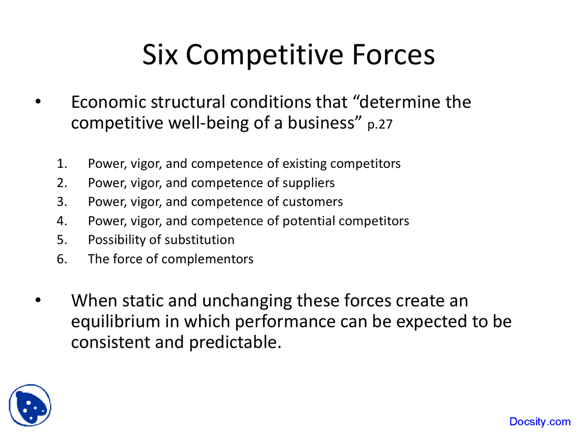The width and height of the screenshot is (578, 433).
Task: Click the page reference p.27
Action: click(380, 124)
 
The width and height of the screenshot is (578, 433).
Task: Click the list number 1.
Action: click(62, 164)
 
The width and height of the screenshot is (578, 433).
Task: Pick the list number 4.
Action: click(62, 221)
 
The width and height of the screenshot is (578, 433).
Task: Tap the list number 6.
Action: click(62, 259)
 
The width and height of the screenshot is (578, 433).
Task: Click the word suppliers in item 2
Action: click(308, 183)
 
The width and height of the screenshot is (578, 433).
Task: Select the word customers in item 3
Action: click(312, 202)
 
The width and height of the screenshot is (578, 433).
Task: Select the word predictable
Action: click(235, 342)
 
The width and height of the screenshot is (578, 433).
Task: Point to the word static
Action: click(137, 301)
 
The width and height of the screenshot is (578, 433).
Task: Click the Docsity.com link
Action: click(540, 422)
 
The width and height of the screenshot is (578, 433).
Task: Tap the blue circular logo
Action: click(30, 405)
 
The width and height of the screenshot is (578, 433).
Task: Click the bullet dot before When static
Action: click(38, 300)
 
